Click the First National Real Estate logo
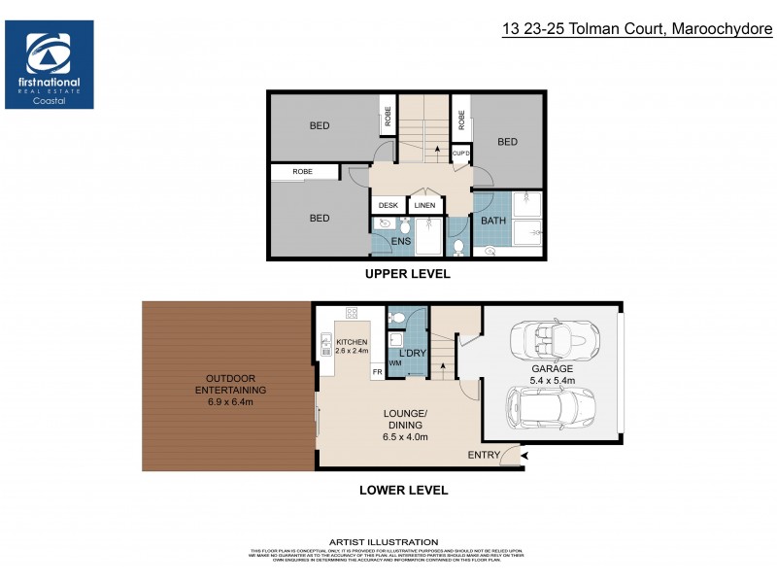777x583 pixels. coord(50,64)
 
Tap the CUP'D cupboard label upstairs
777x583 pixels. coord(460,154)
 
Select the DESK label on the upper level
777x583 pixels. coord(388,205)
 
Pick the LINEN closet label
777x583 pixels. coord(424,205)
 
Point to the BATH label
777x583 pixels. coord(493,222)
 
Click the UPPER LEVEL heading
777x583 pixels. coord(407,274)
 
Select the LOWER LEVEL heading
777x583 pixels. coord(403,491)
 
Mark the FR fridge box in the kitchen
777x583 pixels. coord(376,372)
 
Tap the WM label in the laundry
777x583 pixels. coord(395,363)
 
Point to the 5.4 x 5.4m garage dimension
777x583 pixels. coord(552,381)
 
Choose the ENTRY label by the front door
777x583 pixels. coord(484,455)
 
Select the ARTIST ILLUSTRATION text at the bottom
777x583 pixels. coord(384,541)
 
